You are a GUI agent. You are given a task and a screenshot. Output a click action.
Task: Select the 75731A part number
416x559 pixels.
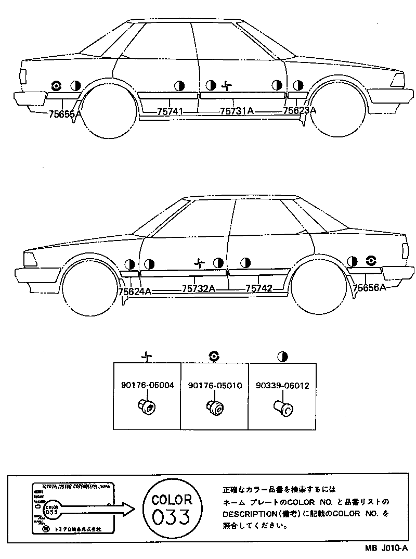coord(237,111)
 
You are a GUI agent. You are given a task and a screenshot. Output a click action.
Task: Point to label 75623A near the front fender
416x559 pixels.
coord(300,110)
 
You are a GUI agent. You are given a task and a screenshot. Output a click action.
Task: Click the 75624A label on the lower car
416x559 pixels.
coord(135,291)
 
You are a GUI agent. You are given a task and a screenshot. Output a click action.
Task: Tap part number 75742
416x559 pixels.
coord(259,288)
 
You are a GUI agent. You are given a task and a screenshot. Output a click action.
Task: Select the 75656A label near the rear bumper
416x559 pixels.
coord(370,287)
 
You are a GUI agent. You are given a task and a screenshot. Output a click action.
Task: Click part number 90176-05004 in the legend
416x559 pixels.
coord(147,386)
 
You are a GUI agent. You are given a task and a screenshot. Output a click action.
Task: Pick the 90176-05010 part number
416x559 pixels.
coord(215,386)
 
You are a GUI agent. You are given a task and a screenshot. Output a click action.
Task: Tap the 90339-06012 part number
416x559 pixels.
coord(282,386)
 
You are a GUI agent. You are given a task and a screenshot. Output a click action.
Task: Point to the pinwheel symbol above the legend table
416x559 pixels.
coord(147,357)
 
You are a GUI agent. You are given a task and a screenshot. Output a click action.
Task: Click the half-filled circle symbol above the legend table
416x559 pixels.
coord(282,357)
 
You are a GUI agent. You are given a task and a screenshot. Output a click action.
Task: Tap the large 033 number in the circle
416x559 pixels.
coord(172,517)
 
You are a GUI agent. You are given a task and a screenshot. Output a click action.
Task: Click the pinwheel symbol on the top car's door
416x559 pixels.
coord(226,85)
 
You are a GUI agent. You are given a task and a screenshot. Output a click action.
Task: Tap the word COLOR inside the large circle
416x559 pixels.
coord(172,499)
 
